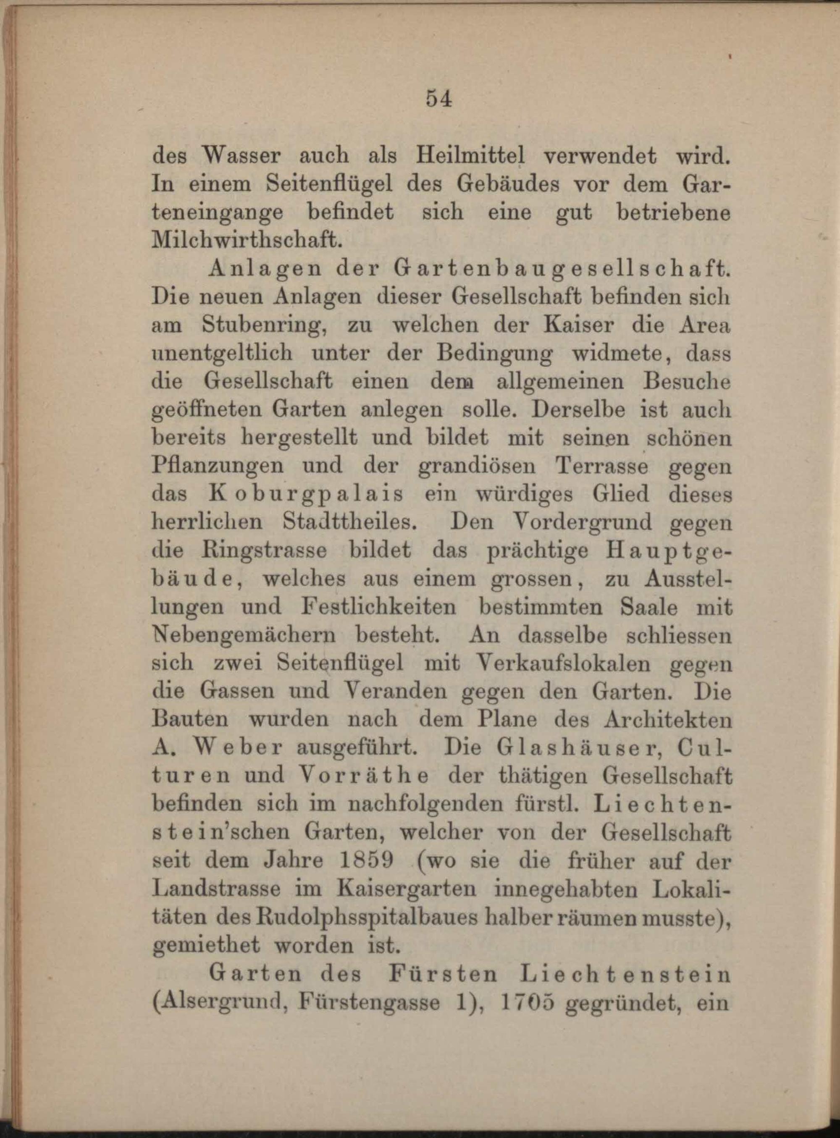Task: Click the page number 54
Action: point(439,99)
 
